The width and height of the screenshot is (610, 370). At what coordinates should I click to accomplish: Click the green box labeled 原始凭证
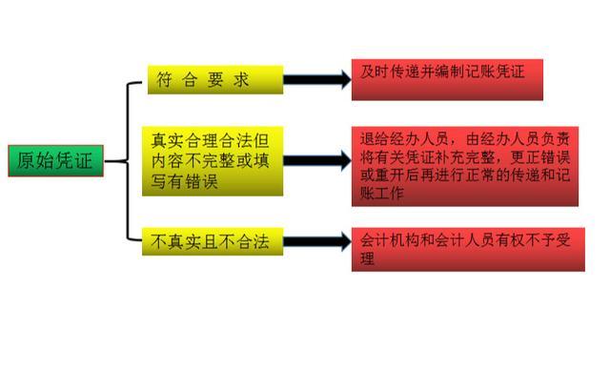[55, 161]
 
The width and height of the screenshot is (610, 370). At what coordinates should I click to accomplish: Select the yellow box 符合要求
[215, 81]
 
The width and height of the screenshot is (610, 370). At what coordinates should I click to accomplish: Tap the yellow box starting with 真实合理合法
[215, 161]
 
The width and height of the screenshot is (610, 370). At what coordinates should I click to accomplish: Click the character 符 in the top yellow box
[164, 81]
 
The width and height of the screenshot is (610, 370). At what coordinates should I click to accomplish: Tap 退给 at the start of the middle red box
[373, 136]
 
